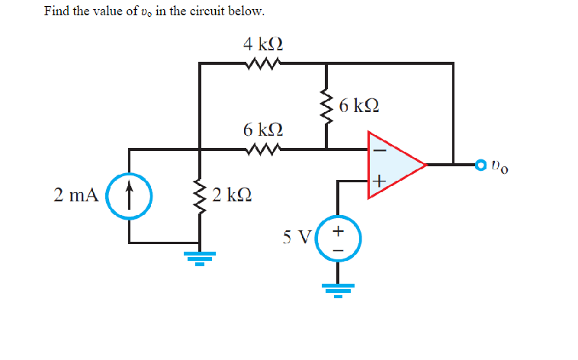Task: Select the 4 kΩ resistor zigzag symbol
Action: pyautogui.click(x=264, y=63)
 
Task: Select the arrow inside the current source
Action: pyautogui.click(x=128, y=190)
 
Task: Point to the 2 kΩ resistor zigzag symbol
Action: pyautogui.click(x=201, y=194)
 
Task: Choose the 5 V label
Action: pyautogui.click(x=297, y=236)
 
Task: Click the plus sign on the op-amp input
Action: pyautogui.click(x=379, y=181)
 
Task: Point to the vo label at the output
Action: pyautogui.click(x=500, y=165)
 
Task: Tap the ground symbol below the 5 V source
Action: pyautogui.click(x=339, y=289)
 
